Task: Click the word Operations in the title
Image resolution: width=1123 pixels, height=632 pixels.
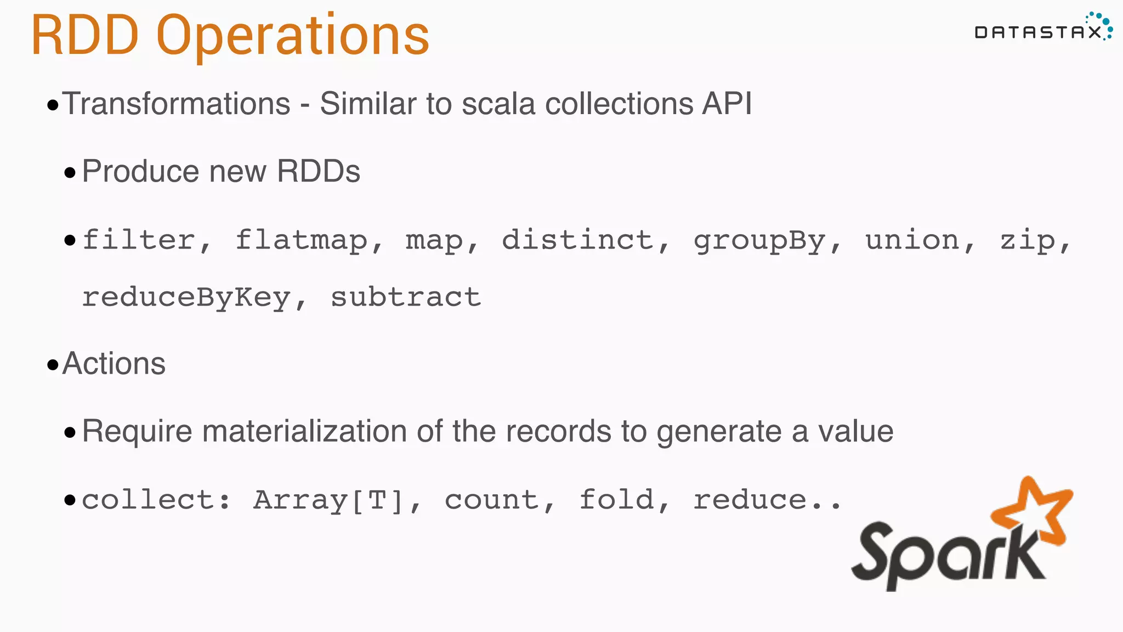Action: click(292, 36)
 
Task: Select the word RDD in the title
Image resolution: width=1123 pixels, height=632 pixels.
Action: click(85, 36)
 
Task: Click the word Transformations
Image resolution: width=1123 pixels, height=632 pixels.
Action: click(176, 104)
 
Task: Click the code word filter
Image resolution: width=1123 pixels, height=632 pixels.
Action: click(139, 240)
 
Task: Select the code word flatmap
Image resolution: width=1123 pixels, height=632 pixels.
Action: click(302, 240)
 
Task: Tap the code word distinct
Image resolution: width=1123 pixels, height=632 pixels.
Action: click(578, 240)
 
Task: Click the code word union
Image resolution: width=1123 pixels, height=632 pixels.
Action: click(912, 240)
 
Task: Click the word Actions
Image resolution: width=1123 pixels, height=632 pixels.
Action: click(114, 364)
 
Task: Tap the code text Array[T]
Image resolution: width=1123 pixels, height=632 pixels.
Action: click(328, 500)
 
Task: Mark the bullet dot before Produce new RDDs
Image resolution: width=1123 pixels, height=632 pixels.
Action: click(70, 173)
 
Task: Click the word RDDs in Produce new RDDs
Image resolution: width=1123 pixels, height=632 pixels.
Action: click(319, 171)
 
